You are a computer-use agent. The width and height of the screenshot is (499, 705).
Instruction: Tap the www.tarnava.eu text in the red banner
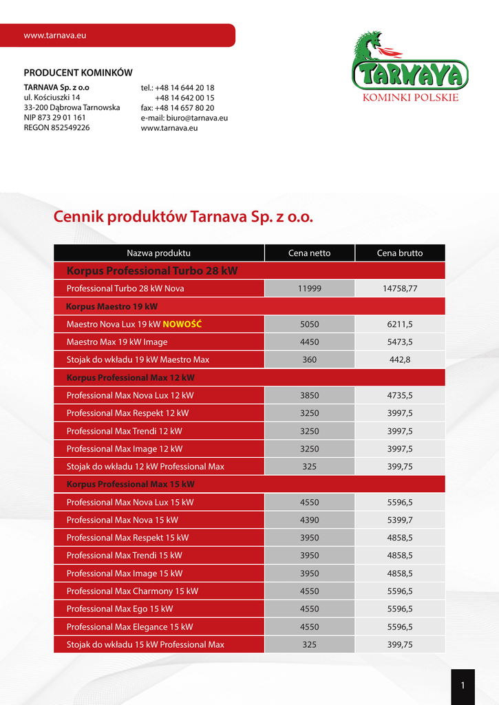tap(54, 35)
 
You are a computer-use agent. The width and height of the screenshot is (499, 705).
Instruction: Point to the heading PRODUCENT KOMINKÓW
tap(78, 73)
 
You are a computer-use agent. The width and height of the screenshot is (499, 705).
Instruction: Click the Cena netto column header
tap(309, 253)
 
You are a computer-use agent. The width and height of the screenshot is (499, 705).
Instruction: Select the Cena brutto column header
tap(400, 253)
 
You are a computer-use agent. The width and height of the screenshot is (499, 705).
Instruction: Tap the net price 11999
tap(309, 288)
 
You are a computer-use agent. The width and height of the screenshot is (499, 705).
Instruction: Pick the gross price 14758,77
tap(400, 288)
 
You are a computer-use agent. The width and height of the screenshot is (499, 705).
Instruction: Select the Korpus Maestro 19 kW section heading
tap(112, 306)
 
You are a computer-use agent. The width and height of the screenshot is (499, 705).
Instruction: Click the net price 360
tap(309, 359)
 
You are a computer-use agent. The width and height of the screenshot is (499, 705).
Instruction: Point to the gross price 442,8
tap(400, 359)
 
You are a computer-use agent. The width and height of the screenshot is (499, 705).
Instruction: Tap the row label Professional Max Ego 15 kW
tap(120, 609)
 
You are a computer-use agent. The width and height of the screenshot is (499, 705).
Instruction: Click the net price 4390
tap(309, 520)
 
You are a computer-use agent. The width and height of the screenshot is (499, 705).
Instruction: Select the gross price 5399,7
tap(400, 520)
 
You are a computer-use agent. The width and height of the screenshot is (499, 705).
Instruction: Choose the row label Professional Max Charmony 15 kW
tap(132, 591)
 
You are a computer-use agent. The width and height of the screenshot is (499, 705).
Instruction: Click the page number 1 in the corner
tap(463, 686)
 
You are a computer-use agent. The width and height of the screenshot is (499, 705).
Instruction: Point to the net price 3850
tap(309, 395)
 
